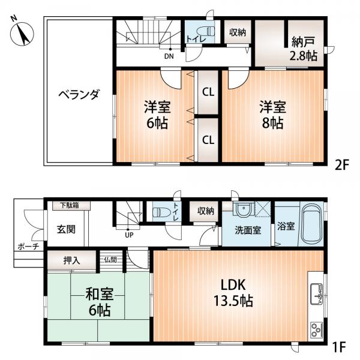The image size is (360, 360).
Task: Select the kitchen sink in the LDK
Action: (316, 293)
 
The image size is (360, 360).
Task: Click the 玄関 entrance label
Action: (65, 229)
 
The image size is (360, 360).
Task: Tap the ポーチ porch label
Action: (28, 246)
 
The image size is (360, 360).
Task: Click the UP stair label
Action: (129, 235)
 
